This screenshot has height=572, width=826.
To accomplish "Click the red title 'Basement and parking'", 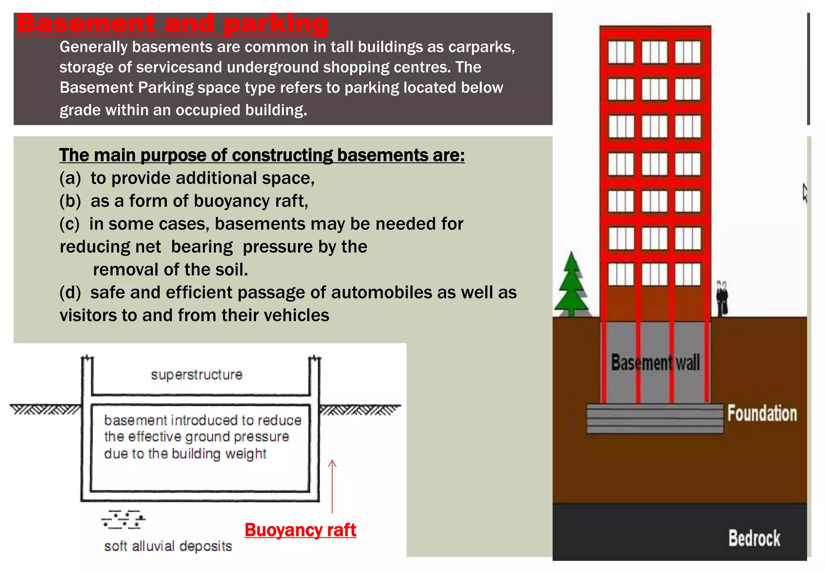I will click(172, 23).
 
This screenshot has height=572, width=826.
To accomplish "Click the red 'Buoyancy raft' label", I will click(300, 530).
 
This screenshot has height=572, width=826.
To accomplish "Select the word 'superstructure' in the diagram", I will click(197, 375).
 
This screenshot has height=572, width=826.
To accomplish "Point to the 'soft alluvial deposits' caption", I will click(168, 546).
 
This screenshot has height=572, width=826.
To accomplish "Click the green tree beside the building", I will click(571, 286).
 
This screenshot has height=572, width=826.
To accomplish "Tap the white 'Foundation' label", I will click(762, 414).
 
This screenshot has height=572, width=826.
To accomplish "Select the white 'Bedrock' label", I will click(754, 538).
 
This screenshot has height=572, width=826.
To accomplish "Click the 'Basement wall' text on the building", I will click(655, 362).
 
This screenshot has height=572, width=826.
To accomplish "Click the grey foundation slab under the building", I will click(654, 419).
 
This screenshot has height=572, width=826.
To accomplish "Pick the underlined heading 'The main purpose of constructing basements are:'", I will click(262, 155).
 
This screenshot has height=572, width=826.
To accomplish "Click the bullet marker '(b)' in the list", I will click(70, 201).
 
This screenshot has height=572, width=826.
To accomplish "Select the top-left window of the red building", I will click(621, 52).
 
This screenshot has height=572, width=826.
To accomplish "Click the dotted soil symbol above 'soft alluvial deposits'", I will click(123, 519).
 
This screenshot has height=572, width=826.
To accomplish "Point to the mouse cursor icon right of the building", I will click(805, 193).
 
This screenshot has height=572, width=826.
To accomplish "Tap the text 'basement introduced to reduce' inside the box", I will click(202, 420).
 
